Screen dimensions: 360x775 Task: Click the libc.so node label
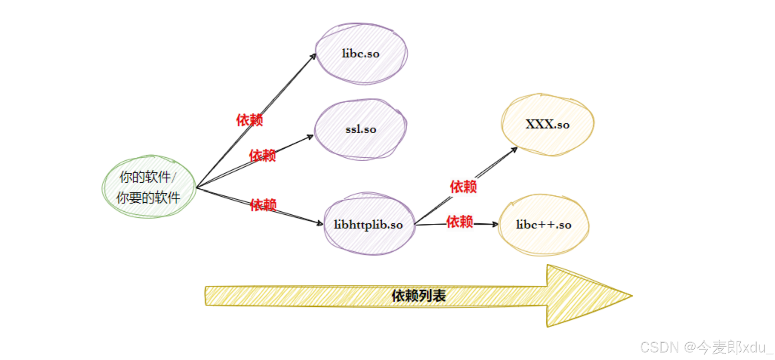(x=361, y=54)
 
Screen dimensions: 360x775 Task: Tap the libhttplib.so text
(x=368, y=225)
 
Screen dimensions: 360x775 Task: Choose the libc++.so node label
(x=543, y=225)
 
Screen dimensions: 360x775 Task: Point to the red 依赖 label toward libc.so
(x=249, y=120)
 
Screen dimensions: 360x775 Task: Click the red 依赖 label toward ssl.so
(x=262, y=155)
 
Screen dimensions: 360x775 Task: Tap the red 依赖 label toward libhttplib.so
(x=263, y=205)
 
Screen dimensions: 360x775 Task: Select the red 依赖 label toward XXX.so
(x=463, y=186)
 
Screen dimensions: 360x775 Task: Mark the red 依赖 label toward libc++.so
(x=459, y=222)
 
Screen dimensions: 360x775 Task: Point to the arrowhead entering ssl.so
(x=310, y=137)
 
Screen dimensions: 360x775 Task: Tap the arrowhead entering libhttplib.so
(x=320, y=223)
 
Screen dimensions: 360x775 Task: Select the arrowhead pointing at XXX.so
(x=514, y=149)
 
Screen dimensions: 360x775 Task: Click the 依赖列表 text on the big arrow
(x=419, y=295)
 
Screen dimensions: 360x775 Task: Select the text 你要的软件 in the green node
(x=148, y=197)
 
